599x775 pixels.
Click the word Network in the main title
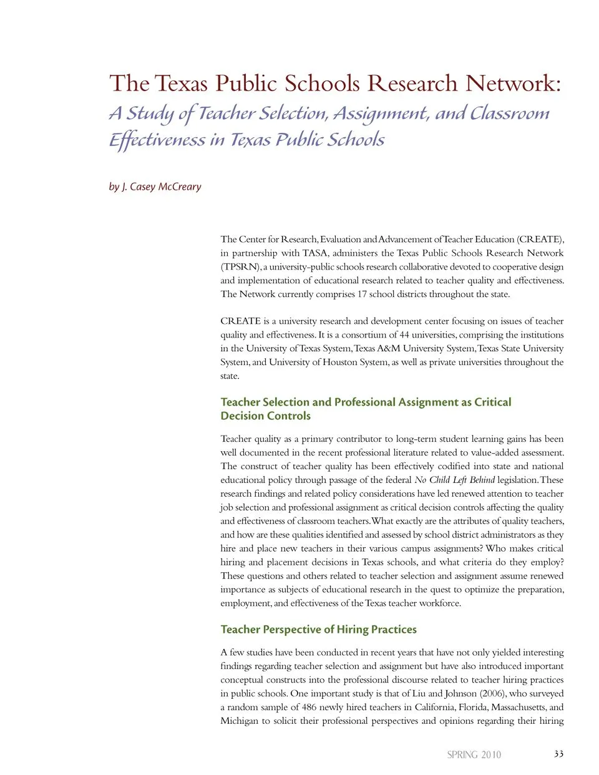[x=513, y=84]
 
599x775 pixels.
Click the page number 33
[x=558, y=754]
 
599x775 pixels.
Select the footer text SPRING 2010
[x=474, y=754]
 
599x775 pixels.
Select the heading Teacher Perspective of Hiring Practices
[x=318, y=630]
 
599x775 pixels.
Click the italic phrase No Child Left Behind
[x=454, y=480]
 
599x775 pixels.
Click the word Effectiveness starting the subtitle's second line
[x=157, y=140]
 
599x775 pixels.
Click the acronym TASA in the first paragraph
[x=314, y=253]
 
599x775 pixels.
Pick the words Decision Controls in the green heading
[x=265, y=416]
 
